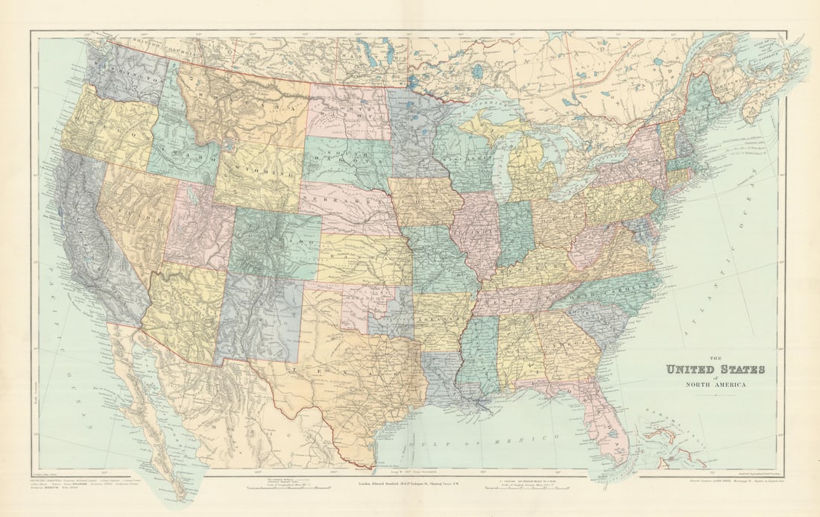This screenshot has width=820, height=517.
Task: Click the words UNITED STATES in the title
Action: (714, 369)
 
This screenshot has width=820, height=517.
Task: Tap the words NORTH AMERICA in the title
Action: (714, 385)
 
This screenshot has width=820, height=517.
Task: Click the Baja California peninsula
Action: (149, 418)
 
